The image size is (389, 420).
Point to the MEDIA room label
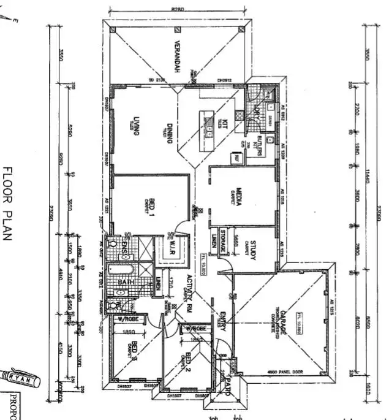point(235,196)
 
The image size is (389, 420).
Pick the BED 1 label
point(149,207)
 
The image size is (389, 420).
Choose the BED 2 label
point(188,362)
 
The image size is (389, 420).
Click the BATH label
point(126,283)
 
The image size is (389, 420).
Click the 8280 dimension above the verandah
point(178,9)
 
